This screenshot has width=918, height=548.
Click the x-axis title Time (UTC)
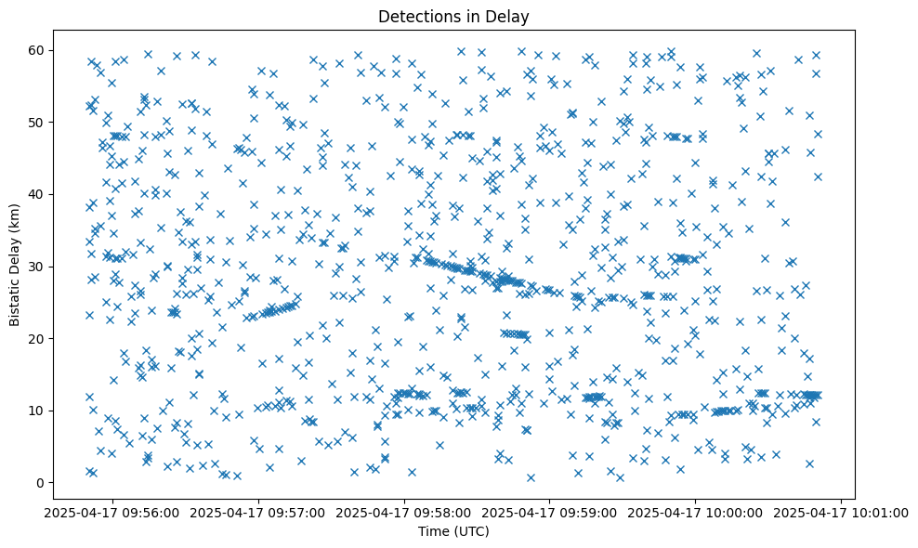pyautogui.click(x=453, y=531)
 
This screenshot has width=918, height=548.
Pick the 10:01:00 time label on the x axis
pyautogui.click(x=842, y=512)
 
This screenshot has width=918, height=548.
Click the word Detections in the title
pyautogui.click(x=413, y=16)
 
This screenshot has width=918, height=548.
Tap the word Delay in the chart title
pyautogui.click(x=510, y=16)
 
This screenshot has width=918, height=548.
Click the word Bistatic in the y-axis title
pyautogui.click(x=15, y=298)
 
